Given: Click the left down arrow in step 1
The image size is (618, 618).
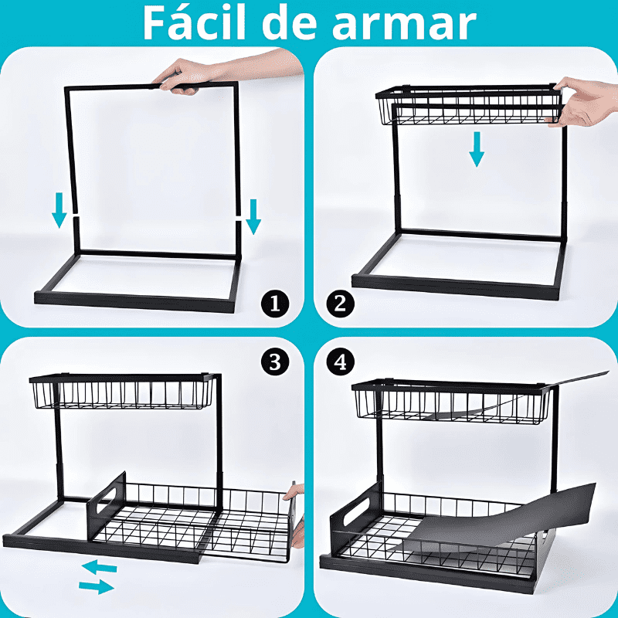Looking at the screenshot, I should pos(59,211).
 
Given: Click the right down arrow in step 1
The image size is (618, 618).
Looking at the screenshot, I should pos(253,217).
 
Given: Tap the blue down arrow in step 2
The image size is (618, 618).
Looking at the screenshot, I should pos(477,149).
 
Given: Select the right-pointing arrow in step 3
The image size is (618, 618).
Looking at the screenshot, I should pos(97,587).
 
